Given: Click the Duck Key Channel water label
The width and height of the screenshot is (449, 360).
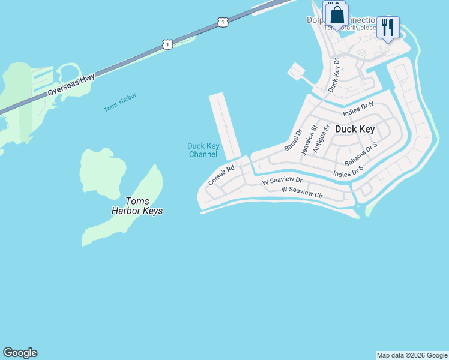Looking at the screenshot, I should pos(202,150).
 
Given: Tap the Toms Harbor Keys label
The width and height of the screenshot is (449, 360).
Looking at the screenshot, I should pos(137,206).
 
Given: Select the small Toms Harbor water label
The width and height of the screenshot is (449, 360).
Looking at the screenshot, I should pos(120,102).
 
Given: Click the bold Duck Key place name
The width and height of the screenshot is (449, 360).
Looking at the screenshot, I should pos(355,129).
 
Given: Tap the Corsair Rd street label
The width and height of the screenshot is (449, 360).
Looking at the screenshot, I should pos(220,175).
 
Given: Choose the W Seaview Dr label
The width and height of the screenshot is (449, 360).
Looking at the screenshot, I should pos(282,181).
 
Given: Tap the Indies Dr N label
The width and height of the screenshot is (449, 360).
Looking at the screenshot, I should pos(358,109).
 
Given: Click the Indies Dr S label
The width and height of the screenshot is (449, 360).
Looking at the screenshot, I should pos(349,172).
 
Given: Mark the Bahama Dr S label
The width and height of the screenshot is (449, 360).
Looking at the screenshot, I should pos(361,154).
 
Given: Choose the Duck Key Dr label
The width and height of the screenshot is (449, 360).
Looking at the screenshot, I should pos(334,75).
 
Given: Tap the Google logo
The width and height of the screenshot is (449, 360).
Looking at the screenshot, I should pos(20,353).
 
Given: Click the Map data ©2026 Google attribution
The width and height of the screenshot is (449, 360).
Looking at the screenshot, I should pos(412,355).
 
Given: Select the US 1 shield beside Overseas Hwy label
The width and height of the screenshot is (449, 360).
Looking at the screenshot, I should pos(167,44).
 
